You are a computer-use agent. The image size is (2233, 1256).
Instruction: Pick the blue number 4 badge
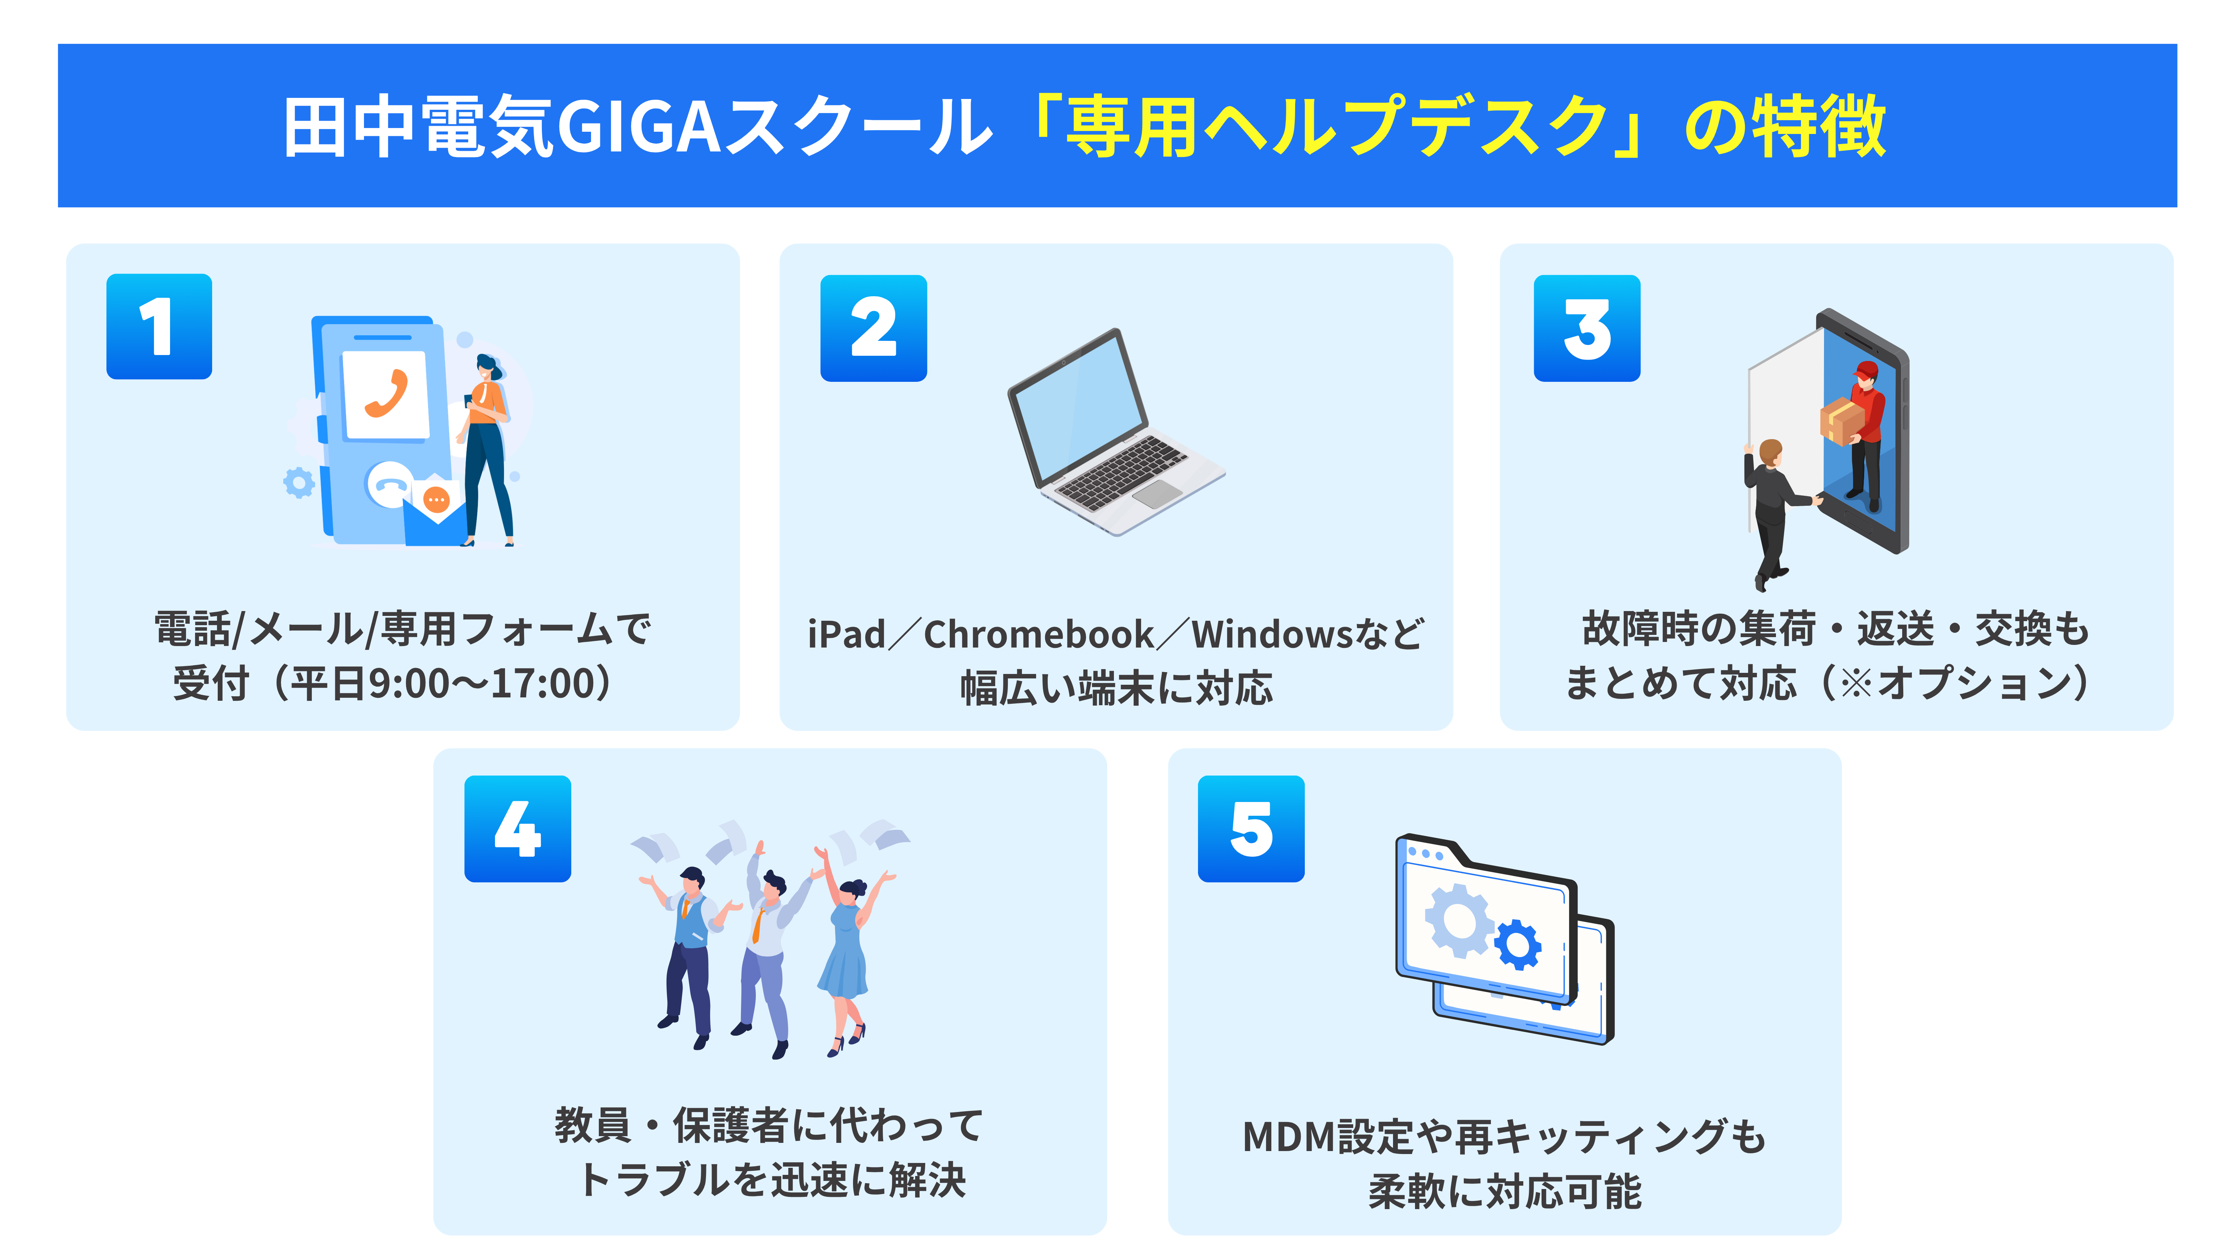(518, 829)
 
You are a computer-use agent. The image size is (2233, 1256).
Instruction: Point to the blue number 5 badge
(1251, 829)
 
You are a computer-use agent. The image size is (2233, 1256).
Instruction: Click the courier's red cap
(1865, 370)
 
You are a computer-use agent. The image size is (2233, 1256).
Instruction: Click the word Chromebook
(1038, 635)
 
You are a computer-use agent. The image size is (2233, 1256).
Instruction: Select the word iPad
(846, 635)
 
